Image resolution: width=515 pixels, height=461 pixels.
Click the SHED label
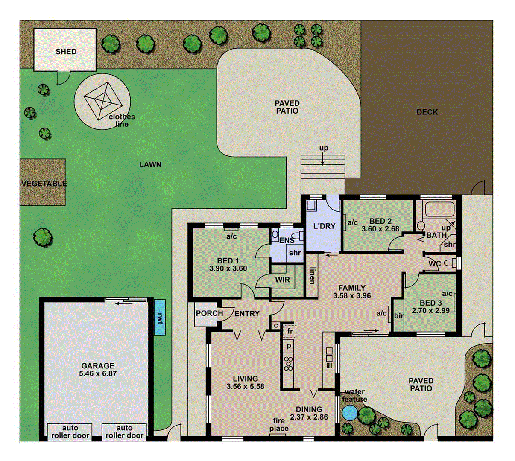(x=66, y=52)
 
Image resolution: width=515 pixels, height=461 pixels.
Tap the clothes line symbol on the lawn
(x=102, y=101)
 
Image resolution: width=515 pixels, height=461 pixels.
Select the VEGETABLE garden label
(x=44, y=184)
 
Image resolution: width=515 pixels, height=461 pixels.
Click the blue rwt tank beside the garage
(x=160, y=317)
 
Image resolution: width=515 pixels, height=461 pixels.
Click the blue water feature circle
(x=350, y=413)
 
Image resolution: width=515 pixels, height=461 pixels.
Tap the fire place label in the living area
(x=278, y=425)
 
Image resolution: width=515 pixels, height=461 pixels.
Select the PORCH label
(x=209, y=313)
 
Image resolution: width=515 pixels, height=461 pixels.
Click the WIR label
(x=282, y=280)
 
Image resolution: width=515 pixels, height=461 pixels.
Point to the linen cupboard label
(x=312, y=276)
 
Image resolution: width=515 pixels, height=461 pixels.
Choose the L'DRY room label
(x=324, y=226)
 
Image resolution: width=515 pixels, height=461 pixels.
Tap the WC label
(x=434, y=264)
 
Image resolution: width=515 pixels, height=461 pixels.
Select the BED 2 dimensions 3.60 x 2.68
(x=380, y=229)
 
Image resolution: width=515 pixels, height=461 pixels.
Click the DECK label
(x=427, y=112)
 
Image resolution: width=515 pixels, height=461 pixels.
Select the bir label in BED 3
(x=398, y=316)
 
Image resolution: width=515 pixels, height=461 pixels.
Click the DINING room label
(x=309, y=409)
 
